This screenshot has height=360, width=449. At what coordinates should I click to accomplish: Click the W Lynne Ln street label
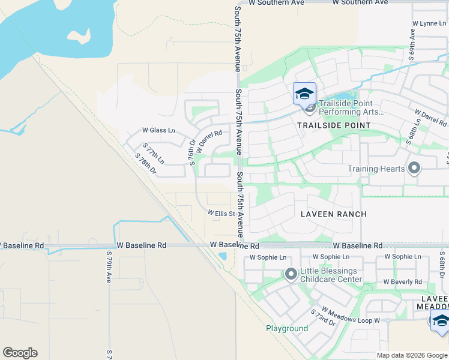coord(429,23)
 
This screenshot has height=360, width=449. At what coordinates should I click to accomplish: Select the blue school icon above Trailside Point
coord(304,94)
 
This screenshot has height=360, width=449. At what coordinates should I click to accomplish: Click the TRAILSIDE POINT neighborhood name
coord(334,125)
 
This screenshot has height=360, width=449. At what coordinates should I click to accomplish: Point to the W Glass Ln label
coord(158,130)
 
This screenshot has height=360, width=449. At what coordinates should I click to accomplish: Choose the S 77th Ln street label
coord(153,154)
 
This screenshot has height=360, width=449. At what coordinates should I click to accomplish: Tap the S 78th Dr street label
coord(146,164)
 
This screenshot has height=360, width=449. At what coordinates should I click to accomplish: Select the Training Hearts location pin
coord(414,169)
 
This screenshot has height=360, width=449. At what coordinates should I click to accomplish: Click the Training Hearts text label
coord(376,169)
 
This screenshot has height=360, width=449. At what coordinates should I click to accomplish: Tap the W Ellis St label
coord(221,213)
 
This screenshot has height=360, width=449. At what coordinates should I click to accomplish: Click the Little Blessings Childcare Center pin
coord(291,275)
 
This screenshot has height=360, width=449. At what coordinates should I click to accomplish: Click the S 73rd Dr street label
coord(323,318)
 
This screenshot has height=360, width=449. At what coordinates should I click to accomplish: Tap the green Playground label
coord(287,328)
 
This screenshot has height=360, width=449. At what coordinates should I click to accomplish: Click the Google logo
coord(20,353)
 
